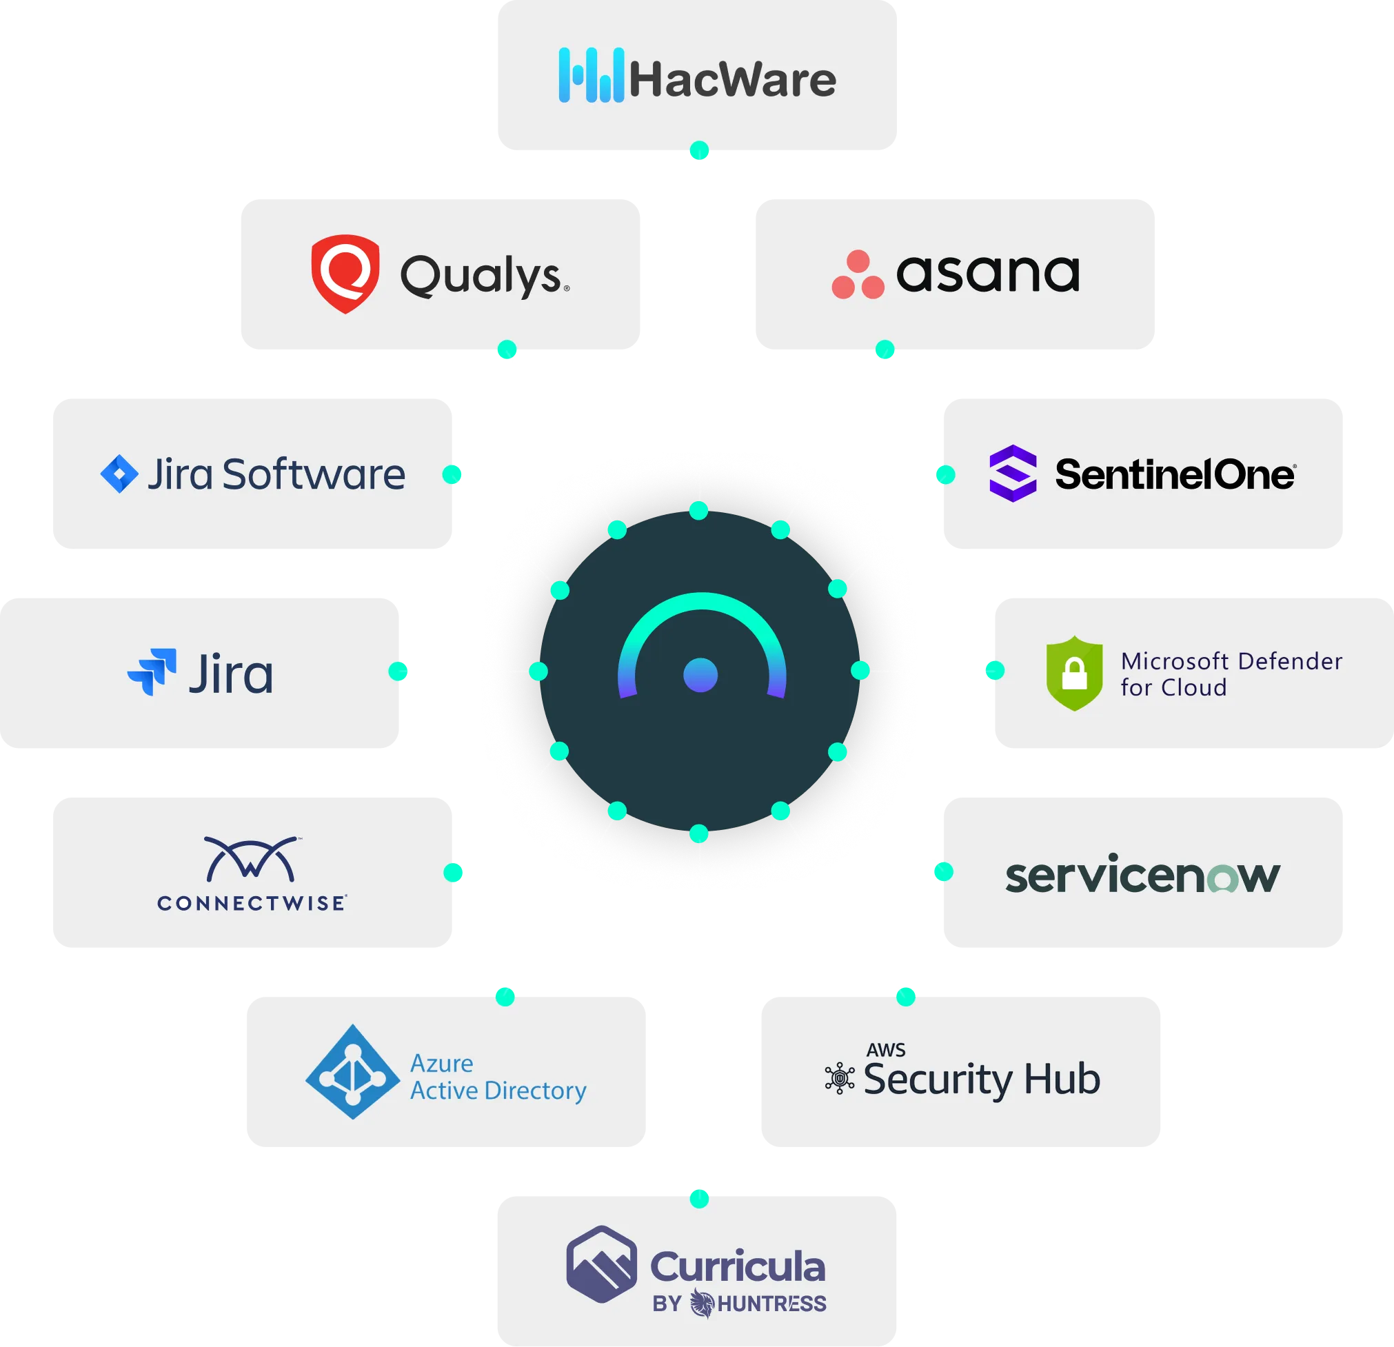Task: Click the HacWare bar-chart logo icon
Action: click(591, 75)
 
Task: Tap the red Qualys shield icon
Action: click(345, 273)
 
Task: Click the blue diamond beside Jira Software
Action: click(119, 474)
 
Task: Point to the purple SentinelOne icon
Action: click(1013, 473)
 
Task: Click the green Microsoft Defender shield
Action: click(1074, 673)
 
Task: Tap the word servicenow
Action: click(1142, 874)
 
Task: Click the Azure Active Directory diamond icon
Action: click(352, 1071)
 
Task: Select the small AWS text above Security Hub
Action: click(885, 1050)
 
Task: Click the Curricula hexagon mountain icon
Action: click(601, 1264)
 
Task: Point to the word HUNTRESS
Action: click(771, 1304)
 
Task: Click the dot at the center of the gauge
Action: click(700, 674)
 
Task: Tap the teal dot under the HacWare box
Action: click(700, 150)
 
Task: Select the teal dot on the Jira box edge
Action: click(398, 671)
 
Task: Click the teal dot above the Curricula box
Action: click(699, 1198)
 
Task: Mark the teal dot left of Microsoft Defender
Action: click(993, 670)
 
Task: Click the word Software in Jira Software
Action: click(314, 474)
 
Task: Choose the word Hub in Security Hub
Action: click(1062, 1079)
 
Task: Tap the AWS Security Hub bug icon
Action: click(839, 1078)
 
